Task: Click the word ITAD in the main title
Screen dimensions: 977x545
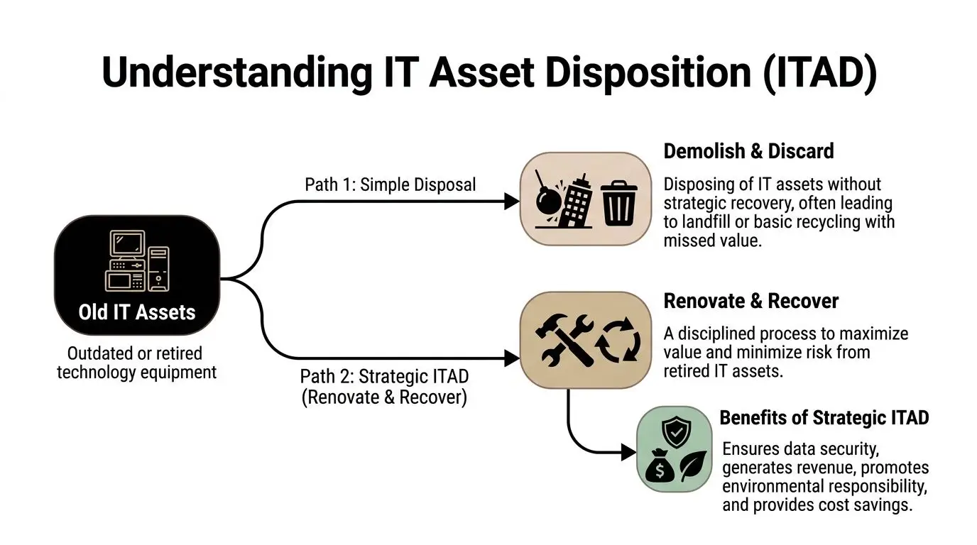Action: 820,72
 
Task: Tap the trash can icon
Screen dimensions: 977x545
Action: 618,203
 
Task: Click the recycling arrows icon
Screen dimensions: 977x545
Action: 618,340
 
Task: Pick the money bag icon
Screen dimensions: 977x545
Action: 660,466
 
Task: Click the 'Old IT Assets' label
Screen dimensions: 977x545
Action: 137,312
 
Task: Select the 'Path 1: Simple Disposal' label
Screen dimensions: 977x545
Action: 390,185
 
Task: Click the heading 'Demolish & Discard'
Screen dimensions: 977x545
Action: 748,151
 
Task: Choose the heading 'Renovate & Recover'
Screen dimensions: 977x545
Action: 751,301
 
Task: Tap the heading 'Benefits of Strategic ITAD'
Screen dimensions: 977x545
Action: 824,418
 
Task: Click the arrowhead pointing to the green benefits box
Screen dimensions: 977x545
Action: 628,452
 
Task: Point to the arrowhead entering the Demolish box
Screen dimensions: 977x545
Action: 512,202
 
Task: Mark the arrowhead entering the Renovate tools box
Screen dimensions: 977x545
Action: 512,358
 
